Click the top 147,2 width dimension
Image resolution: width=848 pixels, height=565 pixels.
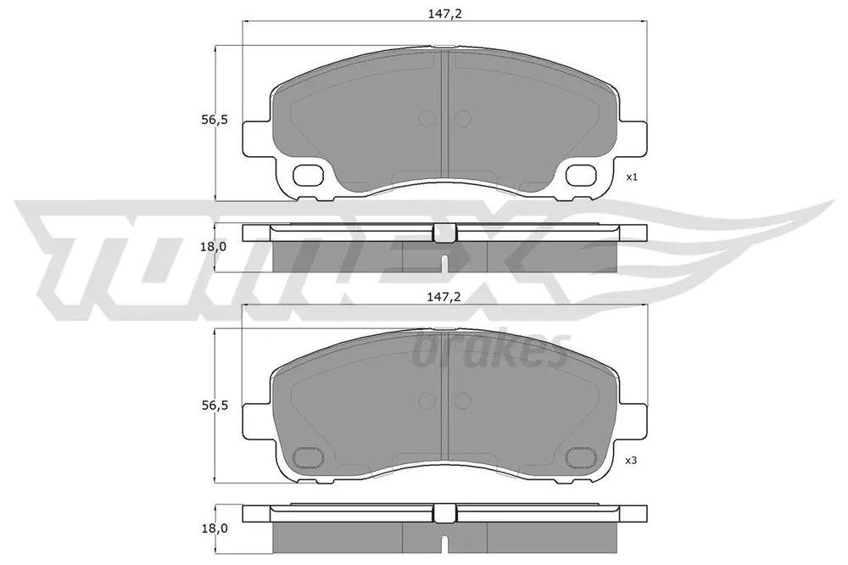pyautogui.click(x=444, y=14)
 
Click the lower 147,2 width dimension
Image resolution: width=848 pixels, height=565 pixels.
pyautogui.click(x=444, y=297)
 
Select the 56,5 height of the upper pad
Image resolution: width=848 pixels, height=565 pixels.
pyautogui.click(x=215, y=120)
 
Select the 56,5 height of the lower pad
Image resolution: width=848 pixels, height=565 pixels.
pyautogui.click(x=215, y=406)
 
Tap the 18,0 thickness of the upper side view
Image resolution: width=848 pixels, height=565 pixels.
pyautogui.click(x=215, y=247)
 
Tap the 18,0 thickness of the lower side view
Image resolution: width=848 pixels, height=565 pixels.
pyautogui.click(x=215, y=529)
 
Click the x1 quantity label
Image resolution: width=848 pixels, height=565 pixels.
pyautogui.click(x=632, y=177)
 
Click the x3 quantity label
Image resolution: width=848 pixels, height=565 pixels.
pyautogui.click(x=632, y=461)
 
